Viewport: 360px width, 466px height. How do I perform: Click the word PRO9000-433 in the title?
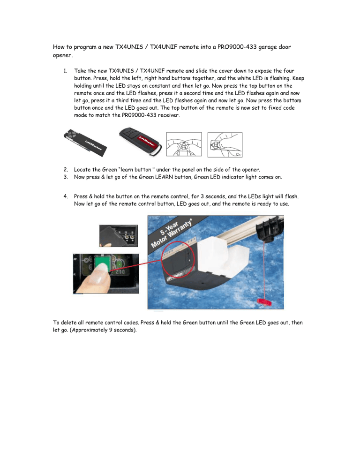(232, 46)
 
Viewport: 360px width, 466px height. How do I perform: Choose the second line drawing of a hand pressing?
(223, 142)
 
